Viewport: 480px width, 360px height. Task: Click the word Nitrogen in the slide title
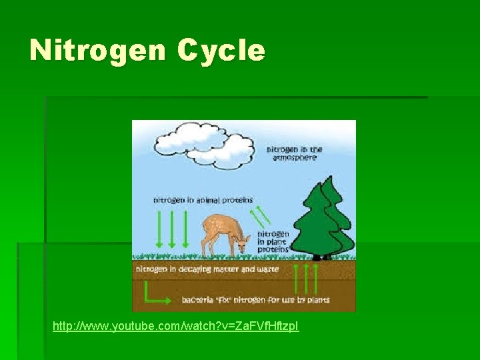coord(98,50)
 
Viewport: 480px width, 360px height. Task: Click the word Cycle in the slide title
coord(221,51)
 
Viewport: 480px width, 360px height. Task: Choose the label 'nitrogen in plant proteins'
coord(273,241)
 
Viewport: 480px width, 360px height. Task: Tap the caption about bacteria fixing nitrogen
coord(255,300)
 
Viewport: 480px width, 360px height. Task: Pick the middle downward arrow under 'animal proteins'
coord(172,230)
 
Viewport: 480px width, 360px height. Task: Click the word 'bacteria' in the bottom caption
coord(198,300)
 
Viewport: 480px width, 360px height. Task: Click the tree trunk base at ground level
coord(324,256)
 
